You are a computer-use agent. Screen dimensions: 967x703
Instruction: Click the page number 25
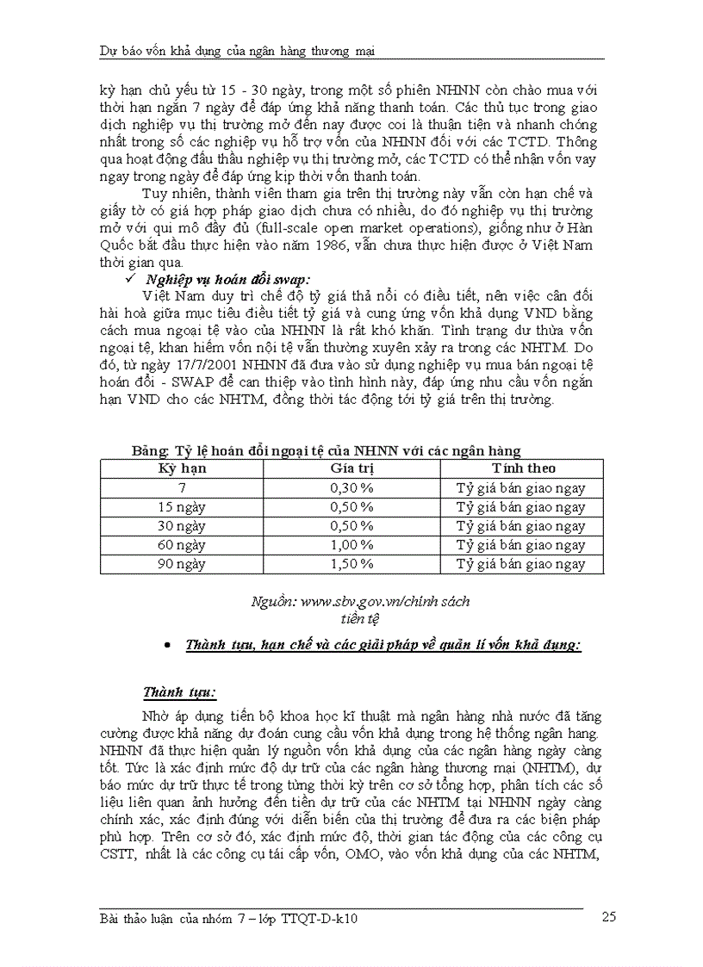(608, 918)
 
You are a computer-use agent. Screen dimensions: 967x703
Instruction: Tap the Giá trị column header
(351, 468)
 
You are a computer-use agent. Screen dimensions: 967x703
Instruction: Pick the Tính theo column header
(523, 468)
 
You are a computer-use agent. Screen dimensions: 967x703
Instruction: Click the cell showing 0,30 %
(351, 488)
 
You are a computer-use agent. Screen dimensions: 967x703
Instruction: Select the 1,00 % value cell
(351, 545)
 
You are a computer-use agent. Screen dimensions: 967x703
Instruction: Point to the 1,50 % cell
(351, 564)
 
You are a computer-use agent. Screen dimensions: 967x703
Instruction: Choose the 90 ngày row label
(182, 564)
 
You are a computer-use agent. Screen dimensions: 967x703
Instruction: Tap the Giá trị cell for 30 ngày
(351, 526)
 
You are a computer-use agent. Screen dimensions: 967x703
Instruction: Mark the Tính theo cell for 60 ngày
(520, 545)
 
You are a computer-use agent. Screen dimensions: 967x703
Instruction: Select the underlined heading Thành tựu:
(179, 692)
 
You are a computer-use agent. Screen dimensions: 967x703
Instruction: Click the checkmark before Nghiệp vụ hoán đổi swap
(131, 278)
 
